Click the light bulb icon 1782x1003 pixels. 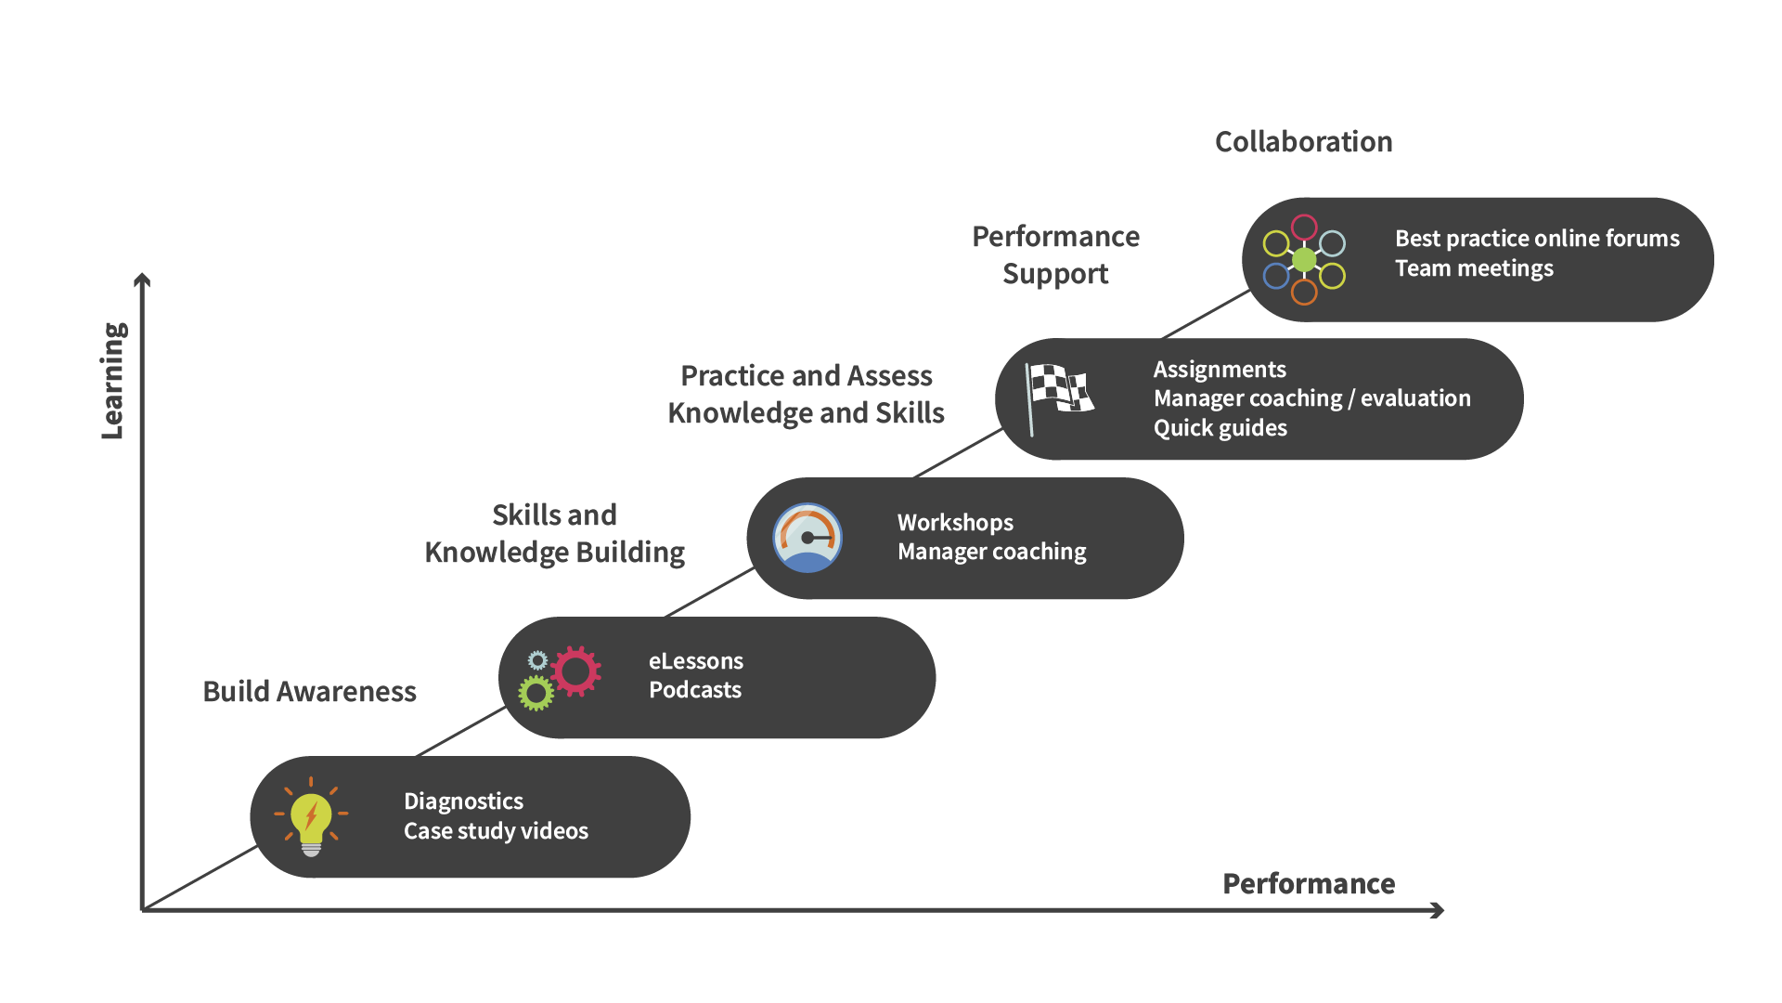pyautogui.click(x=311, y=817)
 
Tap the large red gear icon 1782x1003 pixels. pyautogui.click(x=576, y=671)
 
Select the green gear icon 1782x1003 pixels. pyautogui.click(x=536, y=693)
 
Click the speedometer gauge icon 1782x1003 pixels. pyautogui.click(x=807, y=538)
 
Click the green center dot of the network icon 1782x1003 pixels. pyautogui.click(x=1304, y=260)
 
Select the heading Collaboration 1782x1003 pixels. pyautogui.click(x=1303, y=142)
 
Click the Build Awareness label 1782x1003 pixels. pyautogui.click(x=309, y=692)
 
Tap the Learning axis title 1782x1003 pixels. pyautogui.click(x=113, y=381)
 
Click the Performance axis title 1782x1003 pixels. pyautogui.click(x=1309, y=884)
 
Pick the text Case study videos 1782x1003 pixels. pyautogui.click(x=496, y=831)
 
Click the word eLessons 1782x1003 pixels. pyautogui.click(x=696, y=661)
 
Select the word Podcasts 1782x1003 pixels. pyautogui.click(x=695, y=690)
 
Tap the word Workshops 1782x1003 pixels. pyautogui.click(x=955, y=523)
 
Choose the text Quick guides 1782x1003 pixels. pyautogui.click(x=1220, y=428)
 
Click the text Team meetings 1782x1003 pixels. pyautogui.click(x=1474, y=268)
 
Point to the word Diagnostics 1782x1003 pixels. pyautogui.click(x=463, y=801)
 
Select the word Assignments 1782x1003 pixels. pyautogui.click(x=1220, y=370)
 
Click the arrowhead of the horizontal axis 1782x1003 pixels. pyautogui.click(x=1438, y=910)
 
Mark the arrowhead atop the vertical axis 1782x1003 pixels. pyautogui.click(x=142, y=280)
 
